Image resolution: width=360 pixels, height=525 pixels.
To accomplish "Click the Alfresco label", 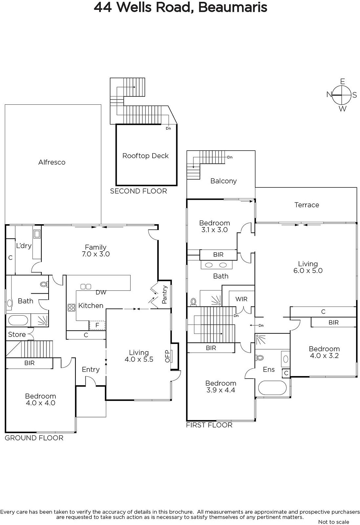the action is [52, 162].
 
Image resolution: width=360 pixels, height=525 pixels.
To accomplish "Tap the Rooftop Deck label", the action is [145, 156].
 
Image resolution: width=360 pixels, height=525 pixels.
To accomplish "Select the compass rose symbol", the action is [342, 95].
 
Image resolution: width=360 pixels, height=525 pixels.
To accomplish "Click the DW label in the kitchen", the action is [101, 292].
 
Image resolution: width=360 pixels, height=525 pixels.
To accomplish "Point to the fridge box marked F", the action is [97, 325].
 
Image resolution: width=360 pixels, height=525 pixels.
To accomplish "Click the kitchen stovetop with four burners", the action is [72, 307].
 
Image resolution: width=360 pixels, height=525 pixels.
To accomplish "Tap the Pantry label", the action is [164, 295].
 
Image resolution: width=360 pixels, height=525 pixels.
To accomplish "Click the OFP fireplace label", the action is [167, 356].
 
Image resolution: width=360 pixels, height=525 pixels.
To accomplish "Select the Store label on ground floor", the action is [17, 334].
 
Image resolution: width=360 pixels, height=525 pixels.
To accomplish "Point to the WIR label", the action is [242, 299].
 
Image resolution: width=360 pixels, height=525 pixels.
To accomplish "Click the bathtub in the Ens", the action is [272, 388].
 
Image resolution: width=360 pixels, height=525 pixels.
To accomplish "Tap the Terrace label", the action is [307, 205].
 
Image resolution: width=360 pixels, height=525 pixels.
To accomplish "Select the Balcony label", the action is [223, 181].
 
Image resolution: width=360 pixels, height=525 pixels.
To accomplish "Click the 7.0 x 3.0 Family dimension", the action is [96, 254].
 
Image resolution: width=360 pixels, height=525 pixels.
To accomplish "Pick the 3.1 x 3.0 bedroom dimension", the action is [214, 230].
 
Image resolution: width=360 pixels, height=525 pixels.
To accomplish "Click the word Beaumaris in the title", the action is [233, 7].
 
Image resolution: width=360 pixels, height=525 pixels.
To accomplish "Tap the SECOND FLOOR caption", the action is [138, 191].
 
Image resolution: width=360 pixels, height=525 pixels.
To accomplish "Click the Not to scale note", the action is [333, 522].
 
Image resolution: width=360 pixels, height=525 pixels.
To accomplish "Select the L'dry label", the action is [24, 246].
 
